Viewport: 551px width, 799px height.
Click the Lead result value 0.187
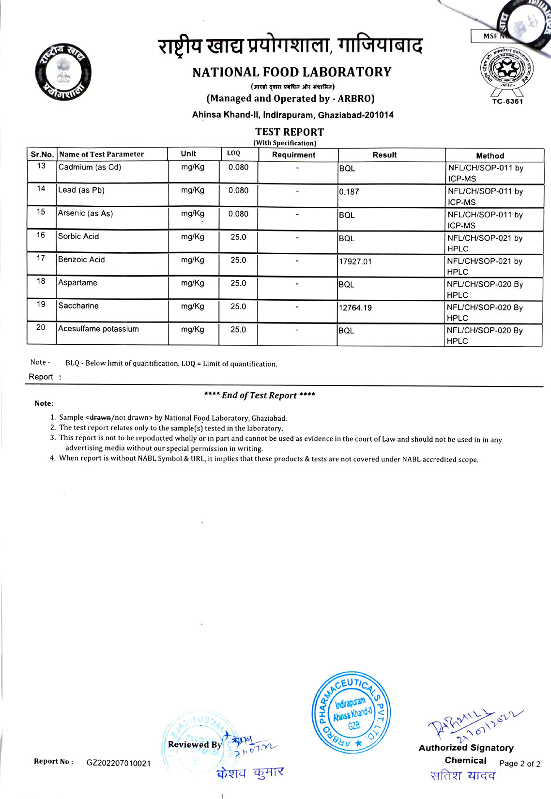[349, 192]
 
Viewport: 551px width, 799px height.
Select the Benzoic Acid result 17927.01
[355, 261]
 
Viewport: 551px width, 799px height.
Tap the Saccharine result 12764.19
[355, 308]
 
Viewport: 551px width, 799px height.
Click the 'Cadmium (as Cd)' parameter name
[90, 167]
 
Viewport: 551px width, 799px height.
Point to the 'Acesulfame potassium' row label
[98, 329]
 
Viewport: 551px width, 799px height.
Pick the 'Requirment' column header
[293, 155]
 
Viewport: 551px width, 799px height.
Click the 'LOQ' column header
[233, 154]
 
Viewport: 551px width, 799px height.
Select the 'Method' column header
[490, 156]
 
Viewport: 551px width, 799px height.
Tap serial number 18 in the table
[41, 281]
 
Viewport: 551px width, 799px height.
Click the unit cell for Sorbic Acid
[193, 237]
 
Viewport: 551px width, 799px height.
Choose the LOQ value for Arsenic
[238, 214]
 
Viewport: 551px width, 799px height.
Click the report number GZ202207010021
[119, 763]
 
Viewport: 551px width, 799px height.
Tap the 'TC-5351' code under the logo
[507, 101]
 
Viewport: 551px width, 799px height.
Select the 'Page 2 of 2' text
[520, 764]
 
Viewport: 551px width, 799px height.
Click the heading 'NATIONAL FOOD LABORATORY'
[291, 72]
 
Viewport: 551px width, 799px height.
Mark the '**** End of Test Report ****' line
[260, 395]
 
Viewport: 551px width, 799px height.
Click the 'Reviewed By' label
[195, 745]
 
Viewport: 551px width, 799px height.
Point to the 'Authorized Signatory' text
[466, 748]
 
